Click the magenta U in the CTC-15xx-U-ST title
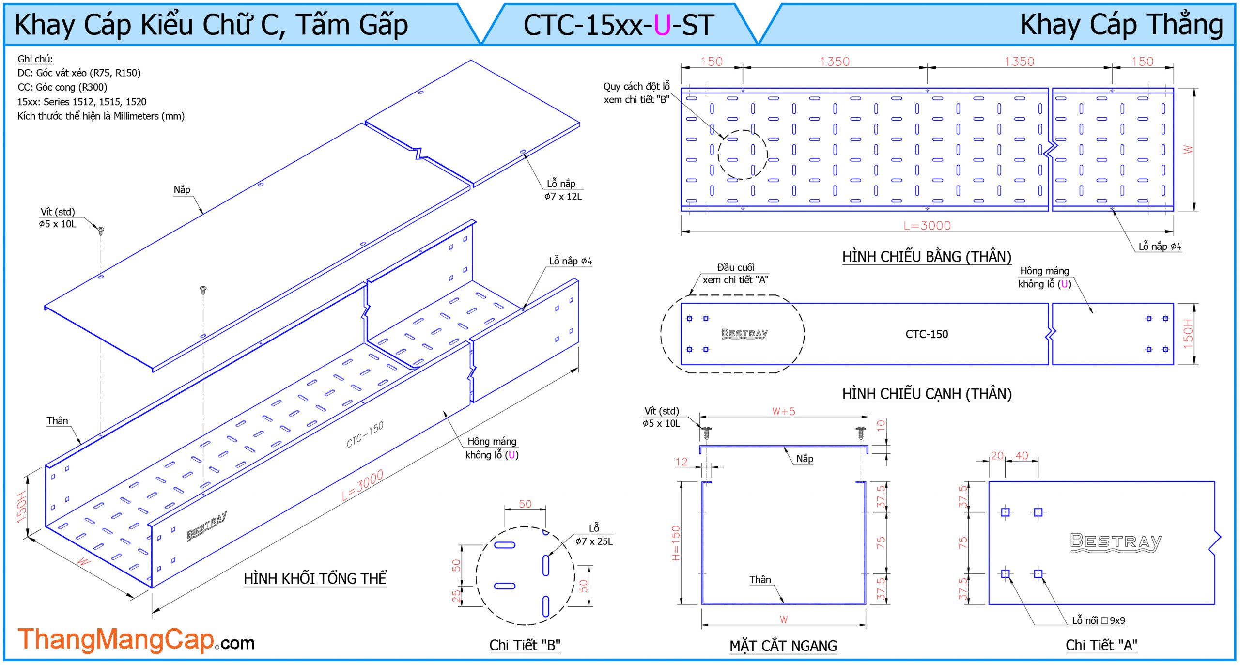pyautogui.click(x=662, y=25)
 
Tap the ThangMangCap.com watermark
pyautogui.click(x=136, y=640)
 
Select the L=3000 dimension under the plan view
pyautogui.click(x=927, y=226)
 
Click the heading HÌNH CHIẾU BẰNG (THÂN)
pyautogui.click(x=927, y=257)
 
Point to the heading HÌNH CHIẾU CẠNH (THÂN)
pyautogui.click(x=927, y=394)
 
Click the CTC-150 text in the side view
pyautogui.click(x=927, y=334)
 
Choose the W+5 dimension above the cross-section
pyautogui.click(x=784, y=412)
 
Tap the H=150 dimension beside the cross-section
pyautogui.click(x=676, y=543)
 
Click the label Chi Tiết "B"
pyautogui.click(x=525, y=645)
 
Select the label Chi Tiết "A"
pyautogui.click(x=1101, y=645)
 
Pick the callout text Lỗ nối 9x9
pyautogui.click(x=1098, y=621)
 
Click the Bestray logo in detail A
pyautogui.click(x=1116, y=542)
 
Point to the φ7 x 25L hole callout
pyautogui.click(x=594, y=541)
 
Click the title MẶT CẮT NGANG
pyautogui.click(x=783, y=646)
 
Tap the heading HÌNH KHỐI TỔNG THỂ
pyautogui.click(x=315, y=579)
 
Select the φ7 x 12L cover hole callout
pyautogui.click(x=563, y=197)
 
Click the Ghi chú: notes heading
pyautogui.click(x=35, y=59)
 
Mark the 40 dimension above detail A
pyautogui.click(x=1022, y=456)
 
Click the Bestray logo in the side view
pyautogui.click(x=744, y=333)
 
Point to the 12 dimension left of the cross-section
pyautogui.click(x=682, y=462)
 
